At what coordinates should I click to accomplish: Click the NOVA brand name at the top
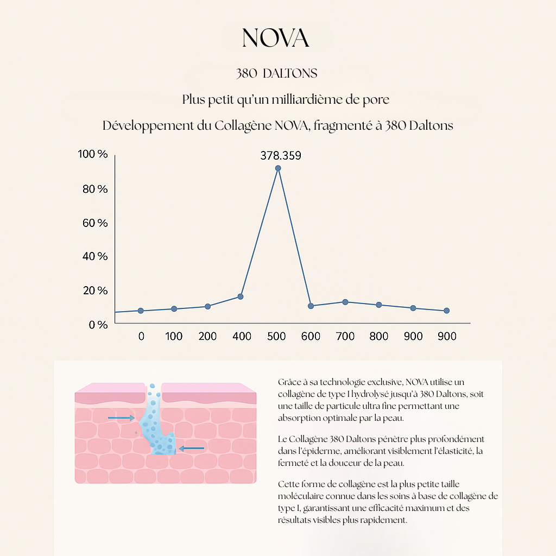click(276, 38)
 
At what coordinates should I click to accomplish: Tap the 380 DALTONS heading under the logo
click(277, 73)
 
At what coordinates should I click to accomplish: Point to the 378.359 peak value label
click(281, 156)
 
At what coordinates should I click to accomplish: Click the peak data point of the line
click(278, 168)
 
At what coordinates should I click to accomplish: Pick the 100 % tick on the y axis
click(93, 155)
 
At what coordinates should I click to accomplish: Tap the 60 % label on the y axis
click(94, 223)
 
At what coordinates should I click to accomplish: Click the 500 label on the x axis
click(276, 337)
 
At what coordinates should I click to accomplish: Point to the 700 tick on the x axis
click(345, 337)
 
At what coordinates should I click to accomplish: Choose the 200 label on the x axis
click(207, 337)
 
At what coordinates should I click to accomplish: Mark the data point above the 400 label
click(240, 296)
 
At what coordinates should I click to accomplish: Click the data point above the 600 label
click(311, 306)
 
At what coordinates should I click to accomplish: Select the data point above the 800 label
click(379, 305)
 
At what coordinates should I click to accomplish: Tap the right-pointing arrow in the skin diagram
click(121, 418)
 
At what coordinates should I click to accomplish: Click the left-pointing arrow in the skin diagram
click(191, 448)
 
